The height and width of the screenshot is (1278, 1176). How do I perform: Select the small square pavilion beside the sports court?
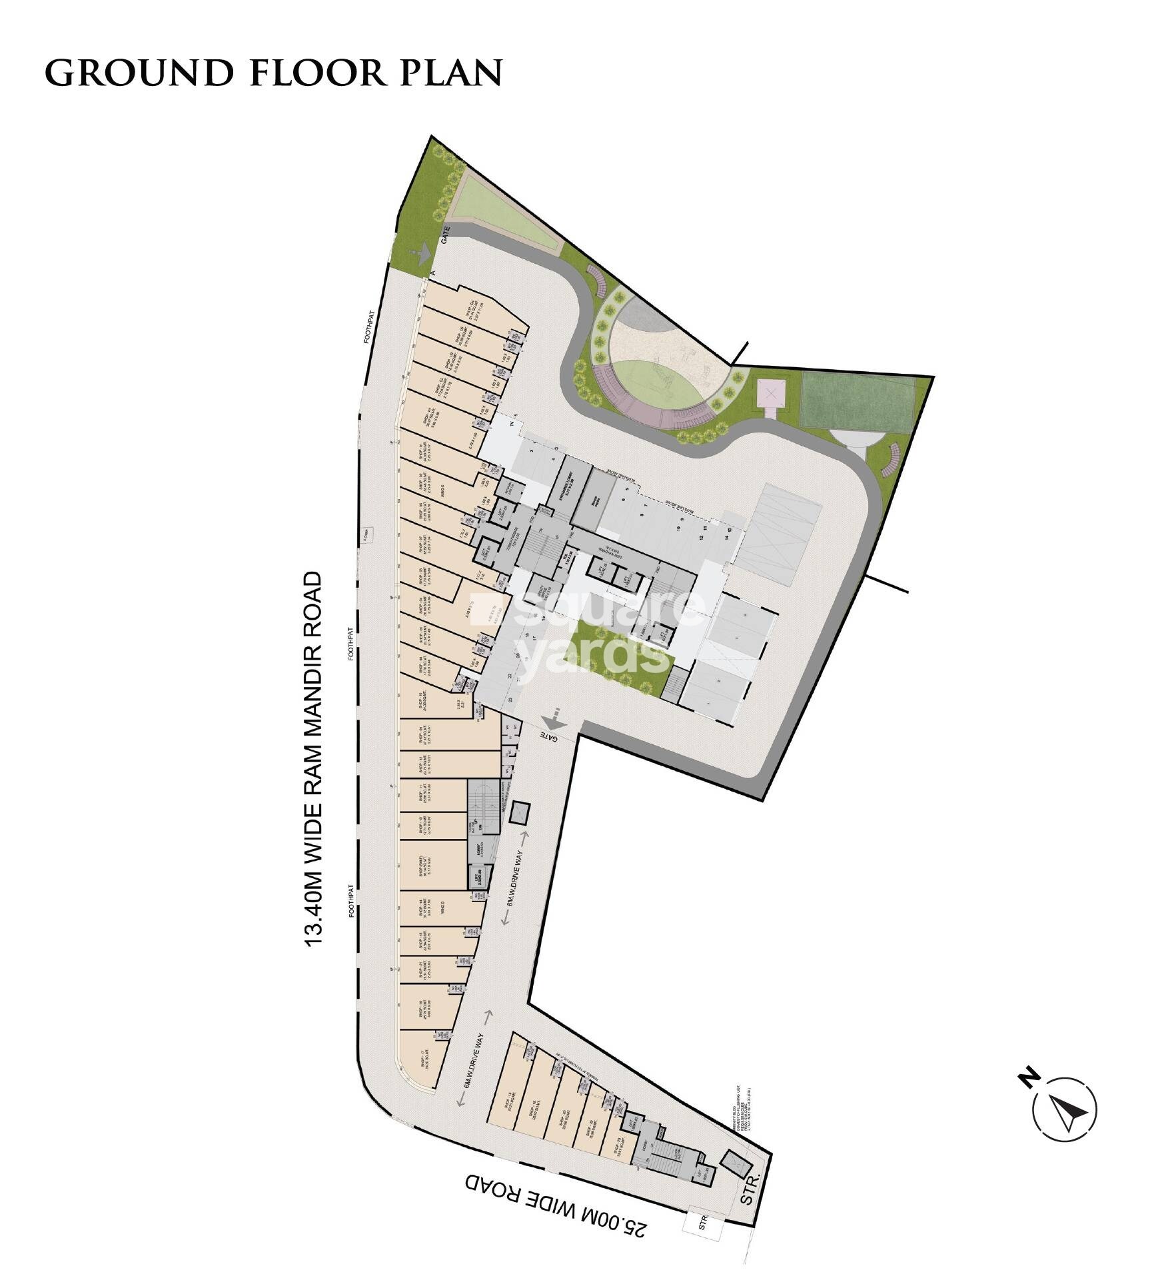click(x=771, y=394)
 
